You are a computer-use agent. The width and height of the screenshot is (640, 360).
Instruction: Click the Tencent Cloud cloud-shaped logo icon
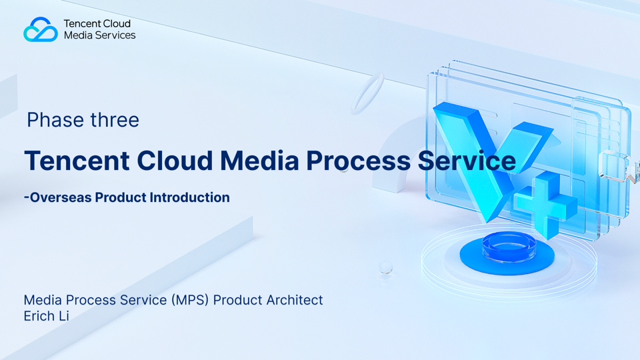pos(41,29)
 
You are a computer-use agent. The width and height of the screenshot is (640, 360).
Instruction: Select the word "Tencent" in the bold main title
pos(77,161)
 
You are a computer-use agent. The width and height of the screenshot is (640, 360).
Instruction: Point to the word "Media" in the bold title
pos(259,161)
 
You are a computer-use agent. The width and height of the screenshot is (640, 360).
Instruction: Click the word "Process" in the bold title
pos(359,161)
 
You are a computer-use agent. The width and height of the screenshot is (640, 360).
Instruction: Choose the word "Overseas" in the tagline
pos(61,197)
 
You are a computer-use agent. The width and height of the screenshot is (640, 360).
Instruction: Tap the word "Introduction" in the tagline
pos(189,197)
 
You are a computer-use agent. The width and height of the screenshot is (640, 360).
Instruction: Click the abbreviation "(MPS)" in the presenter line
pos(190,300)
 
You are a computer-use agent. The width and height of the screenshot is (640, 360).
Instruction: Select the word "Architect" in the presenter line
pos(295,300)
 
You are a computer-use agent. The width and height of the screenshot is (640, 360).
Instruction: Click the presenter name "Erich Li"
pos(46,316)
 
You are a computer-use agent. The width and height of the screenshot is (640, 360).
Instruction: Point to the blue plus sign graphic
pos(545,205)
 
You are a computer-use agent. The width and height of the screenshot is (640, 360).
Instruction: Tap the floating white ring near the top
pos(367,93)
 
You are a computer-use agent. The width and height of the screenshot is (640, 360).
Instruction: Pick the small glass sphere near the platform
pos(386,267)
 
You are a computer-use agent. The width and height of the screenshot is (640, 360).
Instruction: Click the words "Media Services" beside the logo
pos(99,35)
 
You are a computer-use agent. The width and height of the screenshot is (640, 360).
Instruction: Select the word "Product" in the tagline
pos(121,197)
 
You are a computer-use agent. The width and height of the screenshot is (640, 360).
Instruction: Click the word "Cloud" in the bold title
pos(175,161)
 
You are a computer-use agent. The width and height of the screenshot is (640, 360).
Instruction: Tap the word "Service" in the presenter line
pos(143,300)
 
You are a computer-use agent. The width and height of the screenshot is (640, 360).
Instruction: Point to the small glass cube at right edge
pos(613,165)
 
